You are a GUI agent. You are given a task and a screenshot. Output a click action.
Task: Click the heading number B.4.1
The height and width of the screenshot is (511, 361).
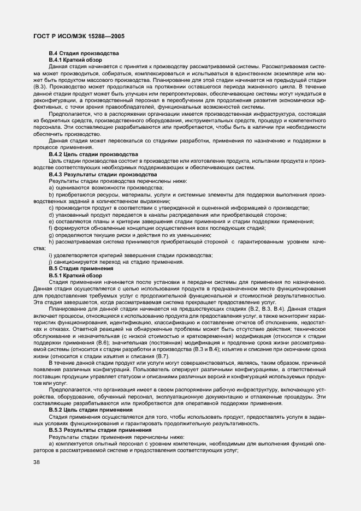[x=55, y=59]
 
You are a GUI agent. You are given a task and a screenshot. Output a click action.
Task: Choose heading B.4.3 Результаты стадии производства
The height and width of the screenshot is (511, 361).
[x=95, y=174]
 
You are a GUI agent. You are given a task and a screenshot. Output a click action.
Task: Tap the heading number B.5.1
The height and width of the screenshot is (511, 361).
[x=55, y=276]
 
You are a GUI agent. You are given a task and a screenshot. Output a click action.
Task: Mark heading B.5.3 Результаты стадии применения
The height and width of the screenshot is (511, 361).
[x=94, y=429]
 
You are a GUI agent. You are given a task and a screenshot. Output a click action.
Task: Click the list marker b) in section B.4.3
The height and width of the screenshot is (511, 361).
[x=51, y=194]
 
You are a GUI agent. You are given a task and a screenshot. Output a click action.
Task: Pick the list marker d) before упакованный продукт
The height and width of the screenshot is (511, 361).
[x=51, y=215]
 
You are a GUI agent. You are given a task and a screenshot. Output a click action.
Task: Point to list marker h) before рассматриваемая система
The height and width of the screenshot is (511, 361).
[x=51, y=241]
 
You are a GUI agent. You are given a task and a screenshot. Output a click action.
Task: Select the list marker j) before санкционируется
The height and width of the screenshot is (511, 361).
[x=50, y=262]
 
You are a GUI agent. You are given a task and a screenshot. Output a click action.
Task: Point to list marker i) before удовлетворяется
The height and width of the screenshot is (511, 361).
[x=50, y=255]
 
